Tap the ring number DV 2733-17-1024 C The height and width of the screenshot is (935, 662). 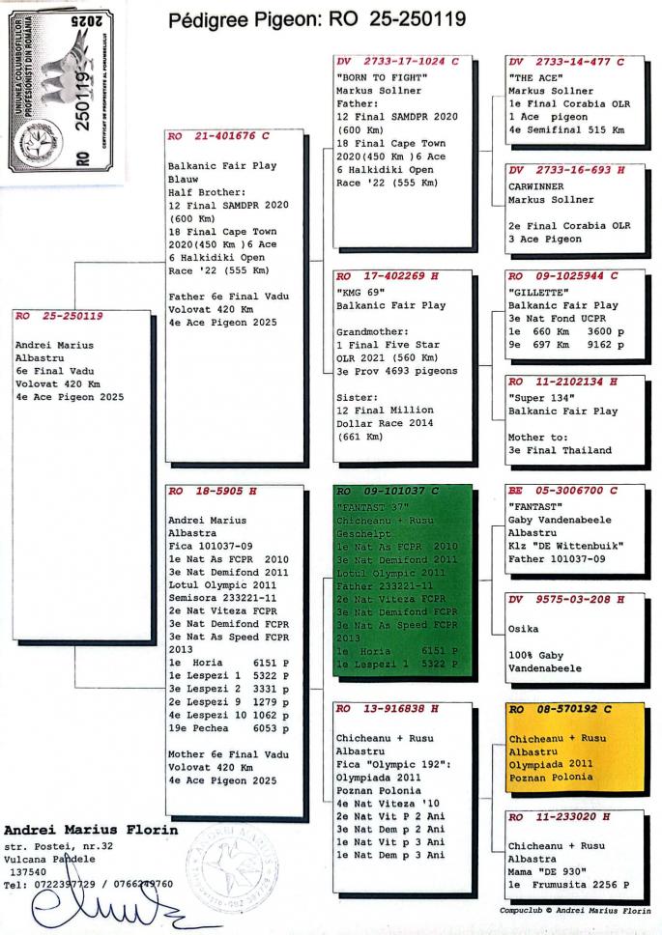click(x=397, y=61)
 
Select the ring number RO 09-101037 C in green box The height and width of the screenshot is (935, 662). click(x=389, y=491)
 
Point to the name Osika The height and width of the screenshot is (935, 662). click(x=524, y=629)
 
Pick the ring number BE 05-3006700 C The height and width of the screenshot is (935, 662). click(x=567, y=491)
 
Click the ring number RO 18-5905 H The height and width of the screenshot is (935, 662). click(x=214, y=491)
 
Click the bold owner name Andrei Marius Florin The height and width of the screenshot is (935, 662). click(x=92, y=829)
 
